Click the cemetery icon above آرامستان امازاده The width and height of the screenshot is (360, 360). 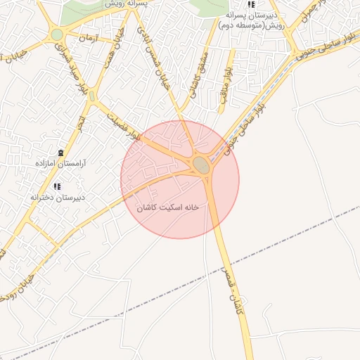coord(60,153)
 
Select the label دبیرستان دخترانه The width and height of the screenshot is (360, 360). coord(58,197)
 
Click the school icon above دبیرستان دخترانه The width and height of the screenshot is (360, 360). coord(58,186)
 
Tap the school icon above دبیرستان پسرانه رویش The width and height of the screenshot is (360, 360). coord(251,4)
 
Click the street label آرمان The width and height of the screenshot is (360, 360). coord(88,37)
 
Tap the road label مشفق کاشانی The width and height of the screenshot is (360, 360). coord(198,74)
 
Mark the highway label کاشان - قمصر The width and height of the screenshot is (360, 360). coord(233,288)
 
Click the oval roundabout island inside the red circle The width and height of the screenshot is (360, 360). coord(202,166)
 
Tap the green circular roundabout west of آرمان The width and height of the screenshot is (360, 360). coord(57,34)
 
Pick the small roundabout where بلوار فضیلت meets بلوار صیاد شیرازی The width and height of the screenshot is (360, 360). coord(91,96)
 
